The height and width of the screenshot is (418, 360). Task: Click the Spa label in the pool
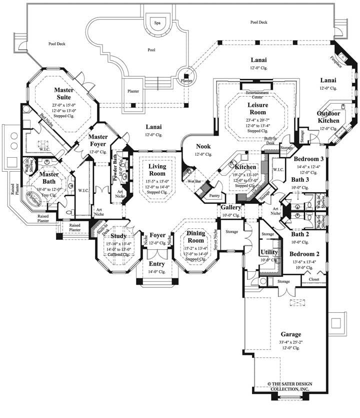coord(157,23)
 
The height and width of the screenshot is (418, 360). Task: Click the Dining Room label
coord(195,236)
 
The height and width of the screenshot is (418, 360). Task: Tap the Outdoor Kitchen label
coord(329,117)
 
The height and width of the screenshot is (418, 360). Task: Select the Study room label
coord(118,236)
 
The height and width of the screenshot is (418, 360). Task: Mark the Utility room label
coord(269,253)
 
